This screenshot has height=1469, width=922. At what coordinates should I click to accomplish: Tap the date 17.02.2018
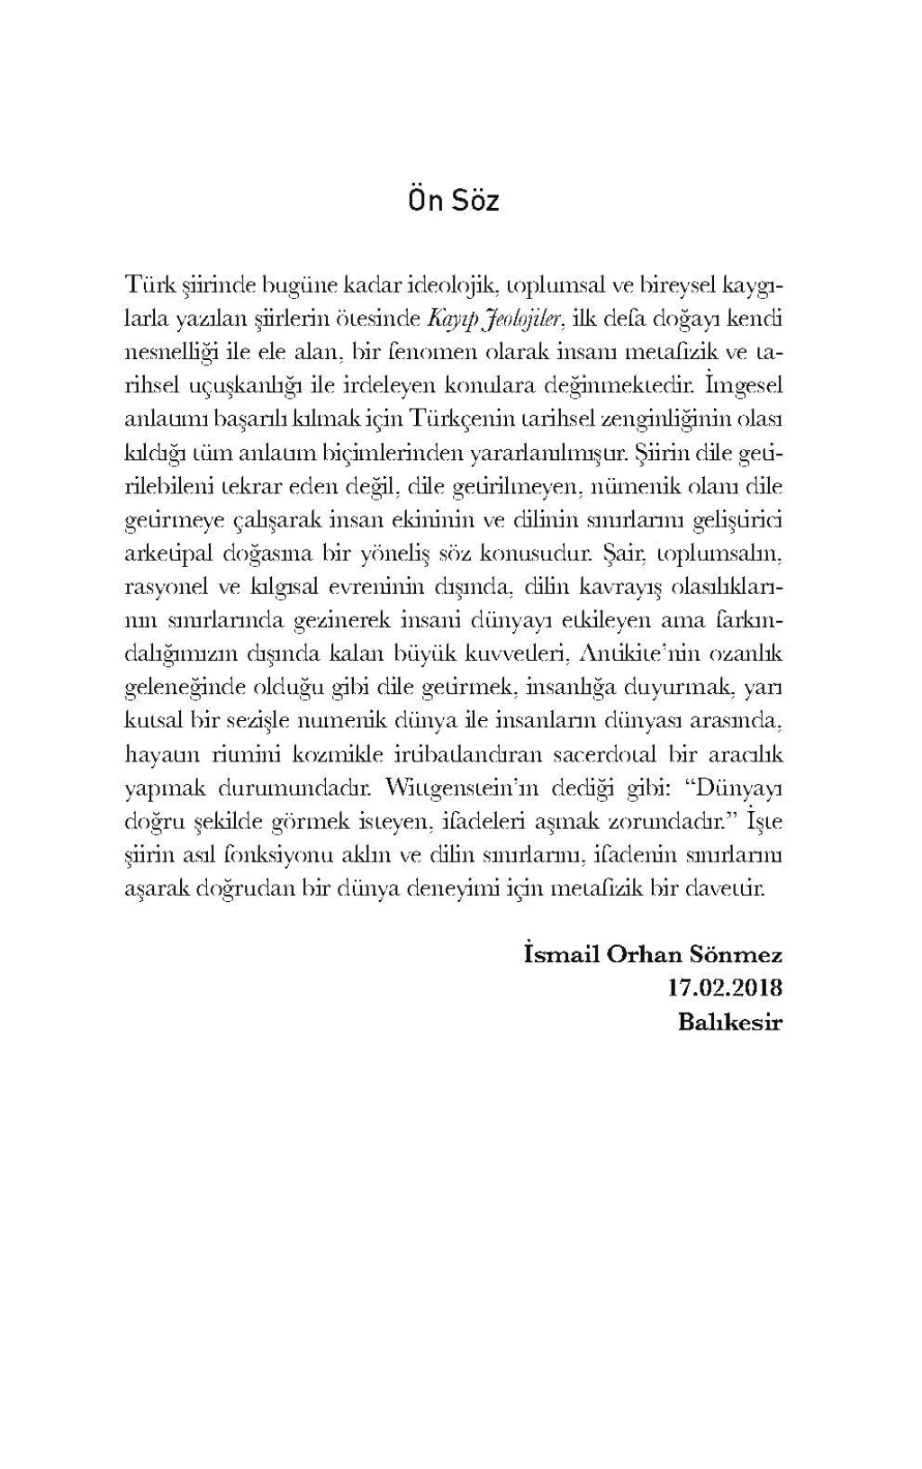[725, 988]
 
